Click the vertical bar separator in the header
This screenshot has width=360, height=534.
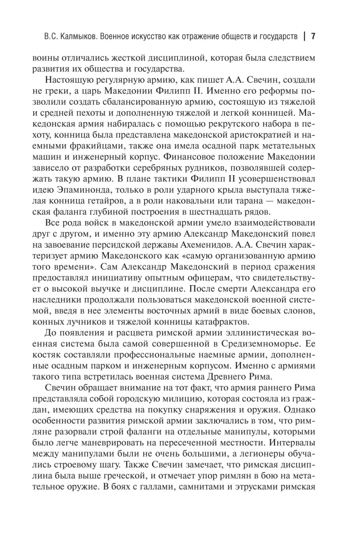coord(304,37)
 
